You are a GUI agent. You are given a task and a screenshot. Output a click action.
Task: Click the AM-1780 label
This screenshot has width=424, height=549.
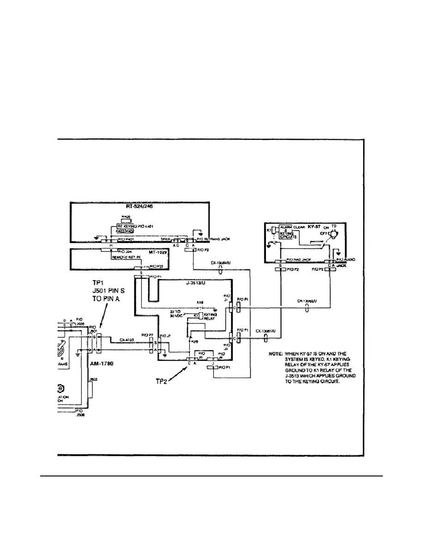102,364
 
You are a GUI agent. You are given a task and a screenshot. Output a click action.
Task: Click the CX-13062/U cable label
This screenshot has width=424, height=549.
308,301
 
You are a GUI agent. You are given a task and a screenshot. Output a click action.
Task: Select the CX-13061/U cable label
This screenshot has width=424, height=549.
266,331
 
